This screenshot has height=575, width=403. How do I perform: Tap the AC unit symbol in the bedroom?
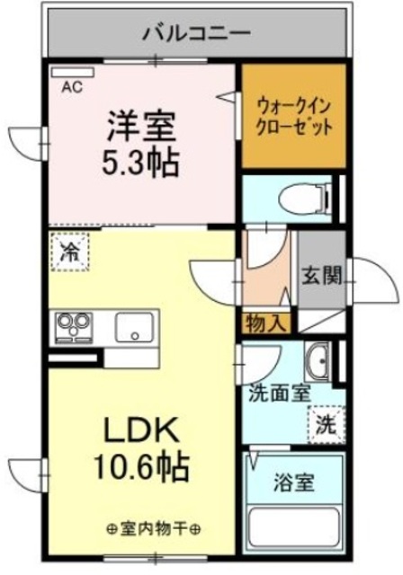pyautogui.click(x=68, y=72)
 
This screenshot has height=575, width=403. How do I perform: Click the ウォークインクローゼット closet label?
pyautogui.click(x=293, y=114)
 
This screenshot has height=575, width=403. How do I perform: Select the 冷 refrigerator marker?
pyautogui.click(x=69, y=252)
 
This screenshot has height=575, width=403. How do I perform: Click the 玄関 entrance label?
pyautogui.click(x=322, y=276)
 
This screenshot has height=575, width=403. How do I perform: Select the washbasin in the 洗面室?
pyautogui.click(x=320, y=365)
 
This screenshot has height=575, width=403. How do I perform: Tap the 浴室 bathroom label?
pyautogui.click(x=293, y=482)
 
